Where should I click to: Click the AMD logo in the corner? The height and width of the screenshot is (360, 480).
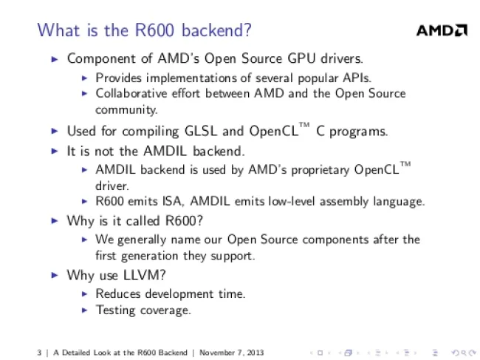click(x=442, y=30)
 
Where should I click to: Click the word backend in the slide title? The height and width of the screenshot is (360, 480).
click(x=216, y=30)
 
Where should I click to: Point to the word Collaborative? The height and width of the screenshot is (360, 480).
click(x=131, y=93)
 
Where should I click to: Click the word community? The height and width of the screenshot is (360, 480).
click(x=126, y=110)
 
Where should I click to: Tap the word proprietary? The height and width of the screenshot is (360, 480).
click(x=320, y=170)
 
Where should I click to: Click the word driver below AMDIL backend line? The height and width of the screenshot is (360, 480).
click(x=112, y=186)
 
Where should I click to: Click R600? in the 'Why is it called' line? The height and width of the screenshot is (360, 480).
click(x=184, y=220)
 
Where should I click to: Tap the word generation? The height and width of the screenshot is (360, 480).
click(x=149, y=256)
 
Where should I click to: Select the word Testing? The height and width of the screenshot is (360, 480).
click(x=115, y=310)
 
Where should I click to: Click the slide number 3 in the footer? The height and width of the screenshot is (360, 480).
click(x=39, y=353)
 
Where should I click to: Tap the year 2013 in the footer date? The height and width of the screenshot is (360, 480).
click(x=256, y=353)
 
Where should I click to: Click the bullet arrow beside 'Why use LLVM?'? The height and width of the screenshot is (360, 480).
click(x=55, y=275)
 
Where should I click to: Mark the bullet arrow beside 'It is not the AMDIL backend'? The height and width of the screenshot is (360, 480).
click(x=55, y=151)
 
